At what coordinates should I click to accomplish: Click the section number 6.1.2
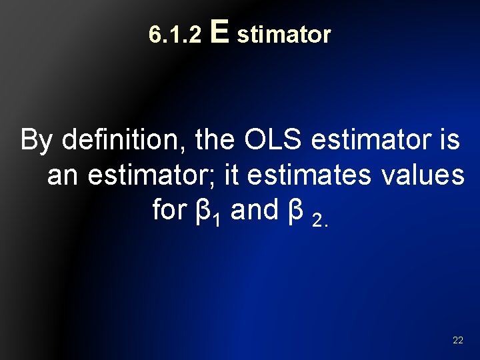[175, 35]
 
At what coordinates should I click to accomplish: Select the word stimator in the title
[283, 35]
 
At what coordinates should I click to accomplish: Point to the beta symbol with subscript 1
[200, 211]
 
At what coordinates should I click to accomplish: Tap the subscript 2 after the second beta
[318, 219]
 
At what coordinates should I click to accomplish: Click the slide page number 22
[457, 340]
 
